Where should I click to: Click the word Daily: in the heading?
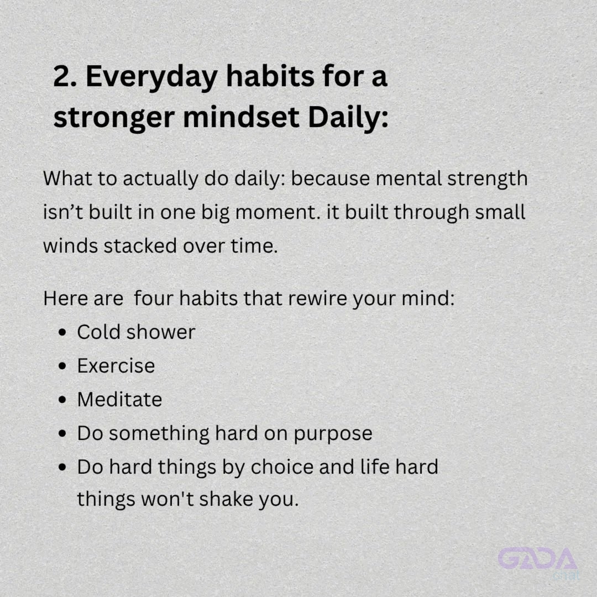point(348,119)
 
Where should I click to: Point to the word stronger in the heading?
point(114,119)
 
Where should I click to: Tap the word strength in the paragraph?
point(488,179)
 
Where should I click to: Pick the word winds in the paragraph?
point(70,245)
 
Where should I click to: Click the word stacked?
point(140,245)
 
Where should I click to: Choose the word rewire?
point(317,298)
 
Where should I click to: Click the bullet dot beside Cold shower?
point(62,332)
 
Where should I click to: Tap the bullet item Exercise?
point(116,365)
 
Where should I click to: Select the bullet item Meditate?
point(119,400)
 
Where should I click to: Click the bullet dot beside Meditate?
point(62,400)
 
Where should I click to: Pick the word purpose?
point(333,434)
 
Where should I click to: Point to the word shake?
point(226,499)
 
